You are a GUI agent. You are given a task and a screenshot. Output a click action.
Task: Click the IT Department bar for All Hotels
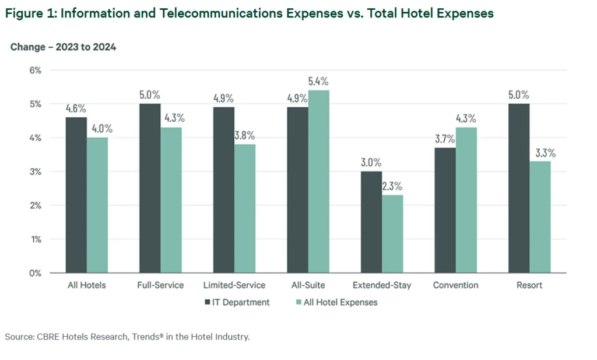pyautogui.click(x=76, y=195)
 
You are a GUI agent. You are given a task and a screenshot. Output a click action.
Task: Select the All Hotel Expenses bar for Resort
pyautogui.click(x=540, y=216)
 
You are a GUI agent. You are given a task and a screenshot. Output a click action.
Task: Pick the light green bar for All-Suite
pyautogui.click(x=319, y=181)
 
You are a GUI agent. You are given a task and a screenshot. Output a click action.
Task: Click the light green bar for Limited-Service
pyautogui.click(x=245, y=208)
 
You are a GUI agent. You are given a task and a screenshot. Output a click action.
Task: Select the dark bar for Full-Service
pyautogui.click(x=150, y=188)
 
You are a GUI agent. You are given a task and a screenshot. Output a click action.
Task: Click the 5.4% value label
pyautogui.click(x=318, y=82)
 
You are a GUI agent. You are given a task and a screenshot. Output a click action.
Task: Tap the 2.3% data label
pyautogui.click(x=392, y=187)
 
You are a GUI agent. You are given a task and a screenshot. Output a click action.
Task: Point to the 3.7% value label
pyautogui.click(x=445, y=139)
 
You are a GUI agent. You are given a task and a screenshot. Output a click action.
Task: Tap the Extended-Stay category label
pyautogui.click(x=382, y=285)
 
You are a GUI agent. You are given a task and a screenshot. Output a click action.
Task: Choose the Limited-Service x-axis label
pyautogui.click(x=234, y=285)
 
